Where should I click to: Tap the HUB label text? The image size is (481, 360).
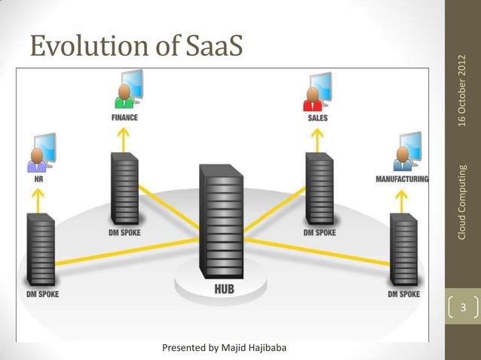(x=224, y=291)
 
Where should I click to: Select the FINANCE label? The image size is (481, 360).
(x=125, y=118)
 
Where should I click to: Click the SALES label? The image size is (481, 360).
(x=317, y=118)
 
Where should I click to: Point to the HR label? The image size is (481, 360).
(x=35, y=179)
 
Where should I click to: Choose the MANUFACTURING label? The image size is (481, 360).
(x=402, y=179)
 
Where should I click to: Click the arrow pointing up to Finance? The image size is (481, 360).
(x=124, y=138)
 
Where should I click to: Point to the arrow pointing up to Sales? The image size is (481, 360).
(x=317, y=138)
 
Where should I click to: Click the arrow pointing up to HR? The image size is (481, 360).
(x=35, y=198)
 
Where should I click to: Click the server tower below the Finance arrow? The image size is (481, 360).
(x=124, y=188)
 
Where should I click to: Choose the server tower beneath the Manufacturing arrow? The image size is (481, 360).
(x=403, y=249)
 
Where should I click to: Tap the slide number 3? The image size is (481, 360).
(x=464, y=308)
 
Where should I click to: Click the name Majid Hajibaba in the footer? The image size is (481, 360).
(x=259, y=348)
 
